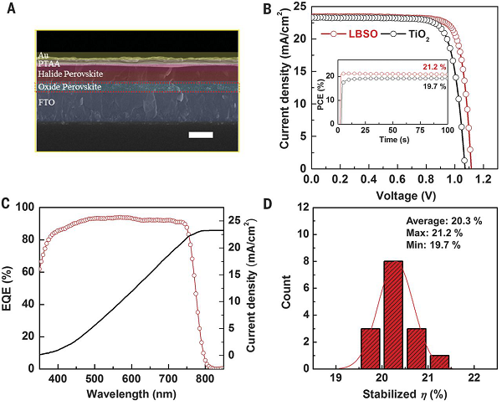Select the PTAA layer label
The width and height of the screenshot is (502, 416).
coord(49,64)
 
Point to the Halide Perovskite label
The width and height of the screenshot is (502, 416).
coord(69,74)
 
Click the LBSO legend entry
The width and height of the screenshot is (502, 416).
coord(348,36)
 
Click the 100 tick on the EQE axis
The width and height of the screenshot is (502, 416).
coord(24,208)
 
